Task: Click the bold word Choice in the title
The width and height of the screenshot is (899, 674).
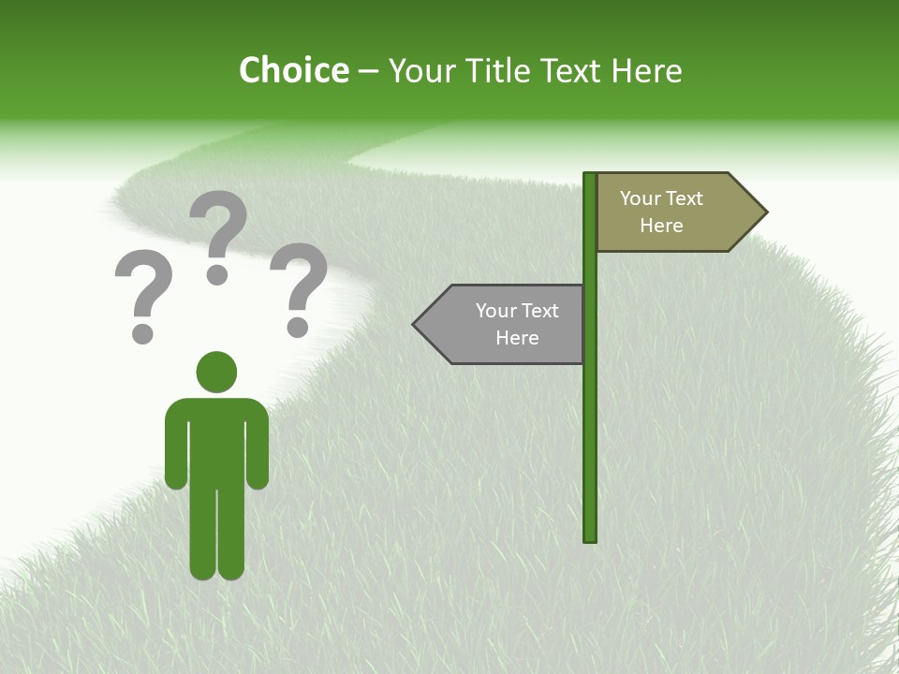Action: pyautogui.click(x=293, y=70)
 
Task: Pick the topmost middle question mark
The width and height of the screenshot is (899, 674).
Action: pyautogui.click(x=218, y=234)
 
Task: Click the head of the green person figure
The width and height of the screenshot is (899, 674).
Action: pyautogui.click(x=216, y=372)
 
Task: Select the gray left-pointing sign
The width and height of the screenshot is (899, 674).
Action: pyautogui.click(x=506, y=324)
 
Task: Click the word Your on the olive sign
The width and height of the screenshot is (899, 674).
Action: pyautogui.click(x=640, y=198)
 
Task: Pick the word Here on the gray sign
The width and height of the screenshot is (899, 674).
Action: pyautogui.click(x=517, y=338)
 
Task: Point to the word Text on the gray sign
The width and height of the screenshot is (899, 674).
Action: pyautogui.click(x=538, y=311)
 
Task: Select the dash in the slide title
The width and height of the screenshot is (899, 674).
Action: pyautogui.click(x=368, y=71)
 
